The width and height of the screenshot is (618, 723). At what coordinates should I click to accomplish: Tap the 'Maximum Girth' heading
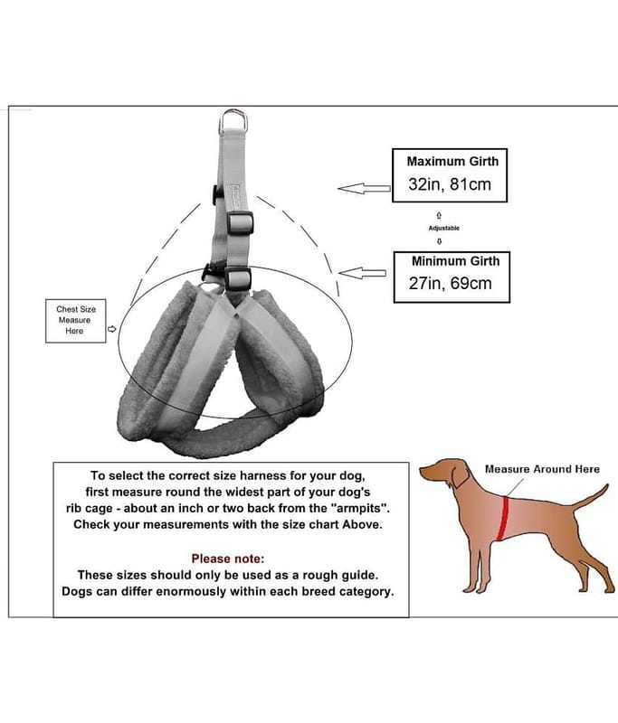pyautogui.click(x=452, y=162)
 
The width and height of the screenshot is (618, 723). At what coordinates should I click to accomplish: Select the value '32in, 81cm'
pyautogui.click(x=450, y=184)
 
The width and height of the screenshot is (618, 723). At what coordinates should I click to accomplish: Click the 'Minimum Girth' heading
pyautogui.click(x=455, y=261)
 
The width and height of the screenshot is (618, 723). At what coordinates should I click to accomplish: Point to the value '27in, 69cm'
pyautogui.click(x=450, y=283)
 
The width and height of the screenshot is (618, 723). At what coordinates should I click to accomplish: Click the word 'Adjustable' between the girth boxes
pyautogui.click(x=444, y=228)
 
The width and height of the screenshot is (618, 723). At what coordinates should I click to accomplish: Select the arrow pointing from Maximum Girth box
pyautogui.click(x=364, y=188)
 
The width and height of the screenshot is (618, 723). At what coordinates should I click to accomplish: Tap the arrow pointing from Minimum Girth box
pyautogui.click(x=362, y=273)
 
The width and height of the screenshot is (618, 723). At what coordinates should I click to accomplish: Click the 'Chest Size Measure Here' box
pyautogui.click(x=76, y=321)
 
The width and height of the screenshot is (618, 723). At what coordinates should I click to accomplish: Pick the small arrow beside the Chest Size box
pyautogui.click(x=111, y=329)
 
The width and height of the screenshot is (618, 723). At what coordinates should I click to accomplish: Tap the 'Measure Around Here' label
pyautogui.click(x=542, y=469)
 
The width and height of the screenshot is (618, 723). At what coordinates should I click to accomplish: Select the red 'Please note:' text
pyautogui.click(x=228, y=559)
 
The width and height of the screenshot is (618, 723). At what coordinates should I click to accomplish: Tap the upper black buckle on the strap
pyautogui.click(x=240, y=223)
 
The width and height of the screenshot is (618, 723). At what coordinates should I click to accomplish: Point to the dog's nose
pyautogui.click(x=421, y=470)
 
